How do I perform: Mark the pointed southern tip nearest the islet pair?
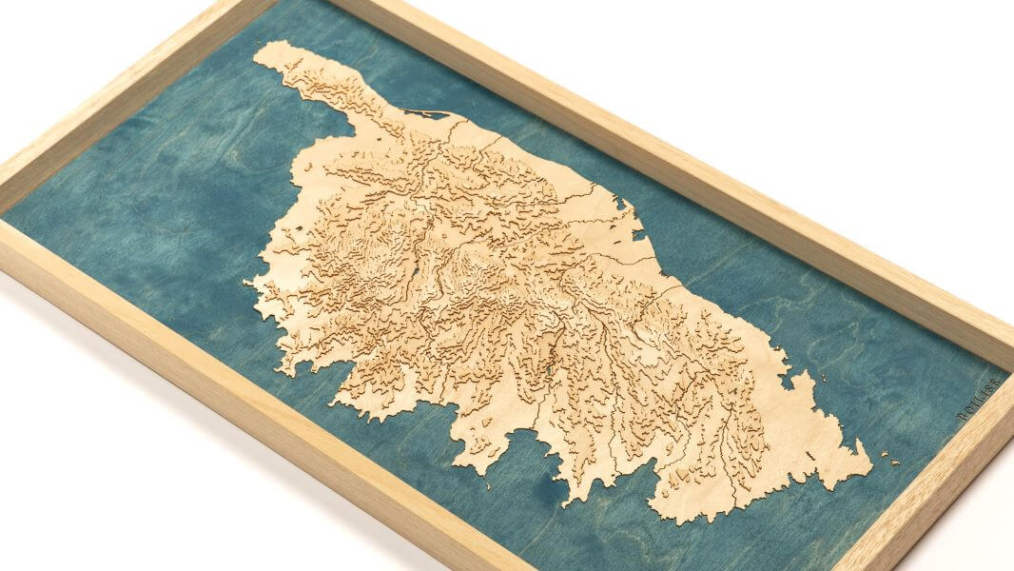[868, 467]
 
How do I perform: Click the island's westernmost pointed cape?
[246, 283]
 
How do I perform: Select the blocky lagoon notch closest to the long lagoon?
[624, 206]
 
